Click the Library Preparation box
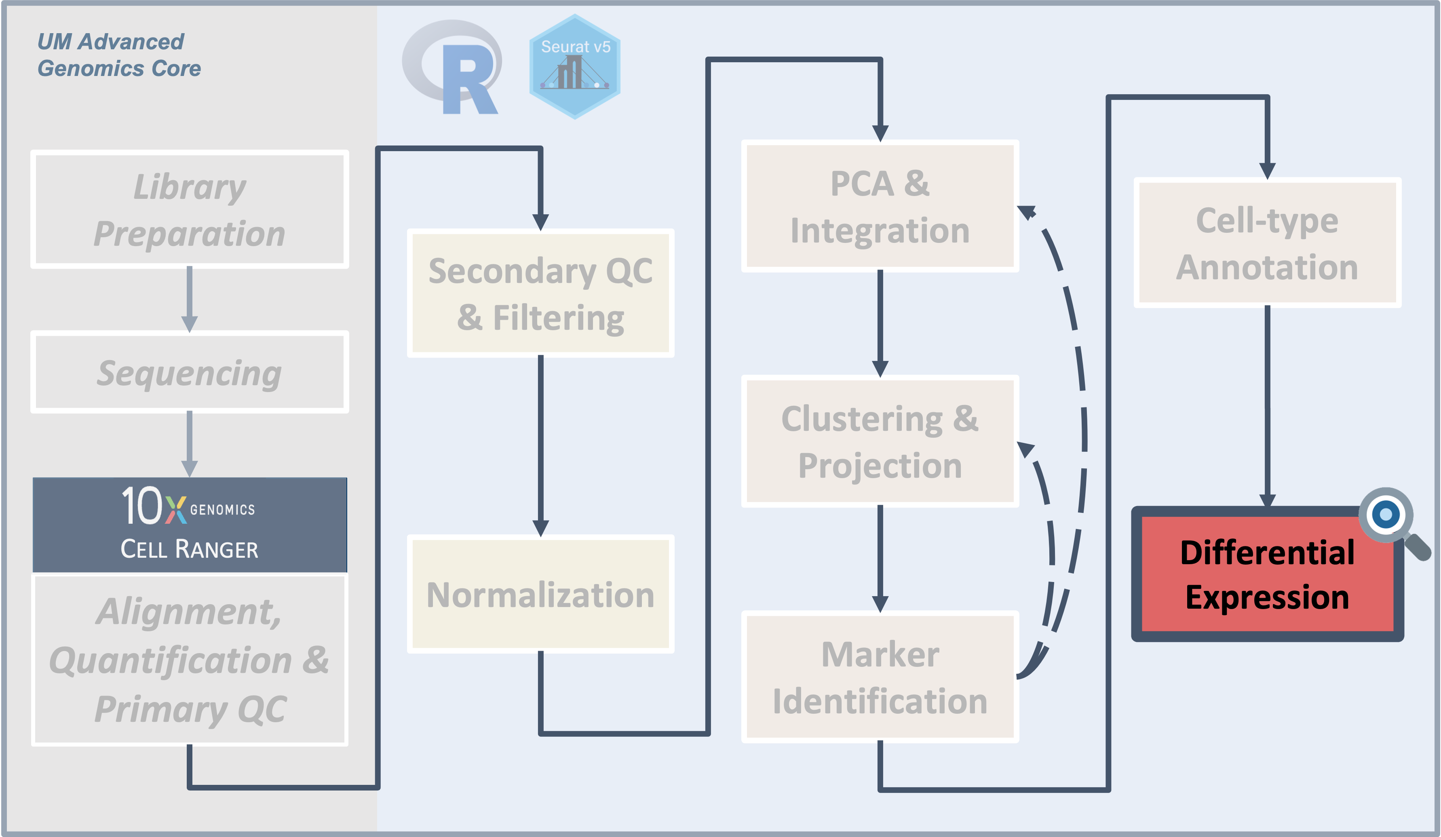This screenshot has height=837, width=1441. [189, 209]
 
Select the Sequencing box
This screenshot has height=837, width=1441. [189, 372]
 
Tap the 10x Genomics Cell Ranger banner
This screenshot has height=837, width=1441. [189, 524]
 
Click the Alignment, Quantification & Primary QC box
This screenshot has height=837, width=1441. [189, 659]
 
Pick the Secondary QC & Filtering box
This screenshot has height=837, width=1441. [540, 293]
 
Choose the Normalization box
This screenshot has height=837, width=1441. [540, 594]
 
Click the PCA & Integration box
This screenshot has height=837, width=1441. [880, 207]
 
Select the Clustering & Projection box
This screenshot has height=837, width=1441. [880, 441]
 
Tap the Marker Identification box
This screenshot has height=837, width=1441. [880, 677]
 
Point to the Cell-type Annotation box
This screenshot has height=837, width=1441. [1267, 243]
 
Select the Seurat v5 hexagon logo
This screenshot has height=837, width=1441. [575, 67]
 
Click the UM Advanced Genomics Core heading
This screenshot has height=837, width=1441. [118, 55]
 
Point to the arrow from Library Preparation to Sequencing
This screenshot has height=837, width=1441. [189, 298]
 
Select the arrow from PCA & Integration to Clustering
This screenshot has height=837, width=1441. [880, 323]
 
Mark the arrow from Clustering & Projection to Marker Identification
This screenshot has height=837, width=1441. [880, 558]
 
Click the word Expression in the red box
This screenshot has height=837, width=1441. [1267, 597]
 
